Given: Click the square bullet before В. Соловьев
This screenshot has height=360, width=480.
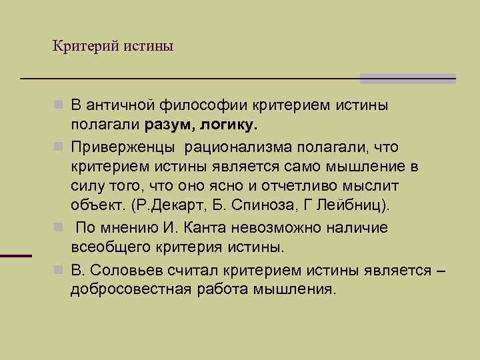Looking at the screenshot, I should click(x=59, y=269).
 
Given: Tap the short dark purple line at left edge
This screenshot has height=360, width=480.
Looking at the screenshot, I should click(x=16, y=255).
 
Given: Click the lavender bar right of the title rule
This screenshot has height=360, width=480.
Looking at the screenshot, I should click(x=407, y=79).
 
